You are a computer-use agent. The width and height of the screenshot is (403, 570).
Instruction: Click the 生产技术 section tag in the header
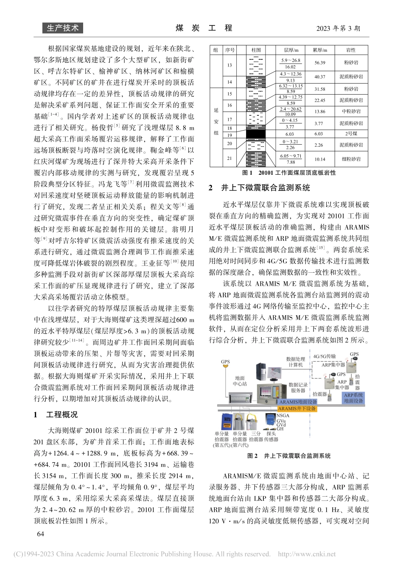point(63,28)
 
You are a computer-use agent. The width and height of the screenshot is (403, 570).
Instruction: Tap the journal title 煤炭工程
point(204,28)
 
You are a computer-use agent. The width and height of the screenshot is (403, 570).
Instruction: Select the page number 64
point(41,534)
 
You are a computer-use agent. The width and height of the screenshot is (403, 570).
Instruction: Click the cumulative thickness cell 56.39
point(320,63)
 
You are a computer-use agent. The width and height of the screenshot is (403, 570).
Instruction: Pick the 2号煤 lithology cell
point(351,134)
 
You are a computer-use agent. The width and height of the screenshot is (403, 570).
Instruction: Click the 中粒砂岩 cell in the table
point(351,112)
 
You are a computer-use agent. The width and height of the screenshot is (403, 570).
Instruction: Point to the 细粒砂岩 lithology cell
point(351,159)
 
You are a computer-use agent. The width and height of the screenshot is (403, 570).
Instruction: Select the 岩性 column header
point(351,50)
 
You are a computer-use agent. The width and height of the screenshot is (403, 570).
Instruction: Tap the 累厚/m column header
point(320,50)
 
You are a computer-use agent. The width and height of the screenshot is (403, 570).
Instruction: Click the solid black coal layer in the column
point(255,134)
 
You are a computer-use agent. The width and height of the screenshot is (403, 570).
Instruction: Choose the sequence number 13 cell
point(230,65)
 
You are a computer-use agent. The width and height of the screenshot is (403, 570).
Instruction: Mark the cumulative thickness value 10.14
point(320,159)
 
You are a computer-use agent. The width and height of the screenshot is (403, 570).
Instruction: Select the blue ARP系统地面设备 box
point(353,397)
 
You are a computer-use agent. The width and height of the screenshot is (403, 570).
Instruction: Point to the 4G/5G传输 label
point(324,356)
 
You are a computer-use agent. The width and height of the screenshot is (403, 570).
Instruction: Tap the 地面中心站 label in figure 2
point(240,381)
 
